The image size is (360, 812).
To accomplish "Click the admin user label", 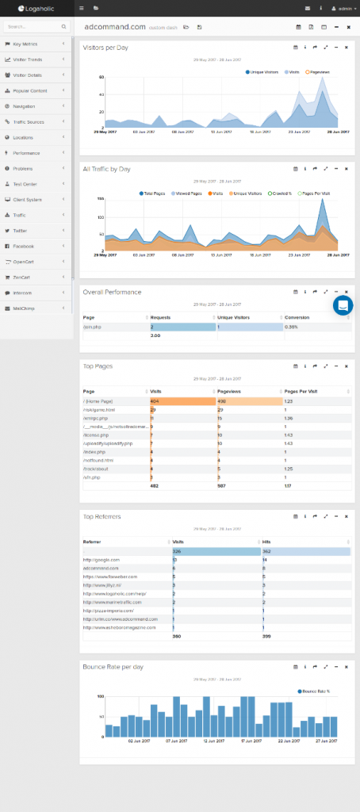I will coord(345,8).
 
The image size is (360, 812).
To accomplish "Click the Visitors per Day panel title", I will coord(105,48).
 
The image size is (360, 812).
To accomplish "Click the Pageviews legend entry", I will coord(320,72).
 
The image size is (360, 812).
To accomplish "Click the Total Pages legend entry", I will coord(153,193).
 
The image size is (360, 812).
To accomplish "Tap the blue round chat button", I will coord(343,305).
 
